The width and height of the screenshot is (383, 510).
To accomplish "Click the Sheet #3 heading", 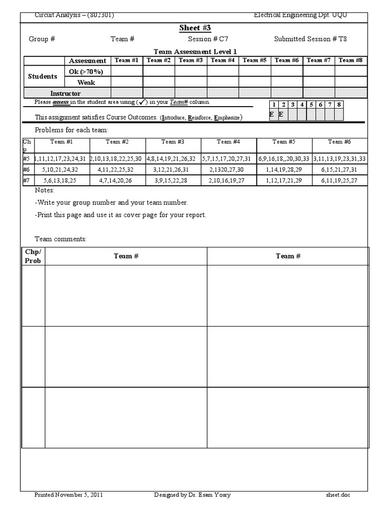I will point(195,27).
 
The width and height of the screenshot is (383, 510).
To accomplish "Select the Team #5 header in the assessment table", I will point(254,60).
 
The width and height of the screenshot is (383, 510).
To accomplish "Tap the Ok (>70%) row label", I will point(86,71).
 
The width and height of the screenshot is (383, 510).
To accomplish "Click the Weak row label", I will point(86,82).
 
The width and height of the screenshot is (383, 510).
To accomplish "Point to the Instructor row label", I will point(65,93).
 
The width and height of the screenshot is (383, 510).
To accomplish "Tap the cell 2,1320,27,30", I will point(228,169).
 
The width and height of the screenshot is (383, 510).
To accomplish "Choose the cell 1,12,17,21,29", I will point(284,180).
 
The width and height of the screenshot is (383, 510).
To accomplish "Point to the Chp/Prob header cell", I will point(33,256).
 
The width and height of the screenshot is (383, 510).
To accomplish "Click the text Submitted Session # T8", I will point(310,39).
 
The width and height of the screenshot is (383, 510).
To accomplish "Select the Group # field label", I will point(42,39).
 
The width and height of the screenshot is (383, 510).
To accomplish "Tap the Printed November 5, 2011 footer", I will point(69,495).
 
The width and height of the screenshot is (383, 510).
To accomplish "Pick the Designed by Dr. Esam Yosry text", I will point(192,495).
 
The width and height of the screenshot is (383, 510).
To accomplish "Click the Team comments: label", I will point(60,239).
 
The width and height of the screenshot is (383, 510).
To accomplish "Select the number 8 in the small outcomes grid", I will point(339,105).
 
